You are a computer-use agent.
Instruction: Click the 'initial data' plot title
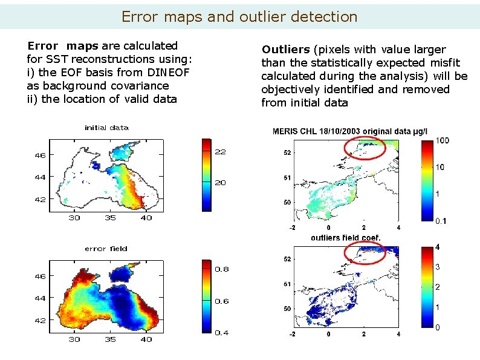pos(106,128)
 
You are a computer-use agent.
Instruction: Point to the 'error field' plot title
pos(106,249)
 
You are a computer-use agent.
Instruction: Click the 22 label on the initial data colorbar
pos(221,152)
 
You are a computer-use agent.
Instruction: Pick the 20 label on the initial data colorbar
pos(221,183)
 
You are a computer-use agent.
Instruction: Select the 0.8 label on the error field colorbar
pos(222,269)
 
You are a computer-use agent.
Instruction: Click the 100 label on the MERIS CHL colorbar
pos(443,141)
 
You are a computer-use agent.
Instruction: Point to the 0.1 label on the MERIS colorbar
pos(441,221)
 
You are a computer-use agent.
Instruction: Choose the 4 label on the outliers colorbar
pos(438,247)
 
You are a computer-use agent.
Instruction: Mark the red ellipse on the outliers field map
pos(364,252)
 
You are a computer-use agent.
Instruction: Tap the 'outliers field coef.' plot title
pos(345,238)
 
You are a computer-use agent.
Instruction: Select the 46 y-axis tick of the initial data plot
pos(39,155)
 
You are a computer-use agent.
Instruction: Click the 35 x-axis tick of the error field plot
pos(110,339)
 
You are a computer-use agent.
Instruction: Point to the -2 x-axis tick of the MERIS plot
pos(292,227)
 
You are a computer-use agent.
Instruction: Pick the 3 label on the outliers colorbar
pos(438,267)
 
